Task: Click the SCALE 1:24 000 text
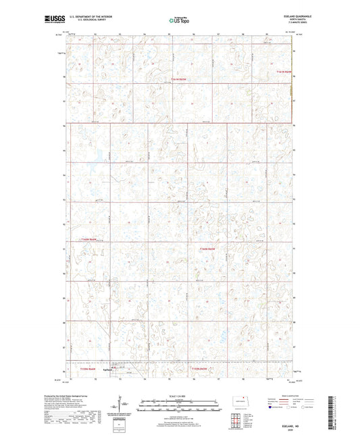(x=180, y=395)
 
